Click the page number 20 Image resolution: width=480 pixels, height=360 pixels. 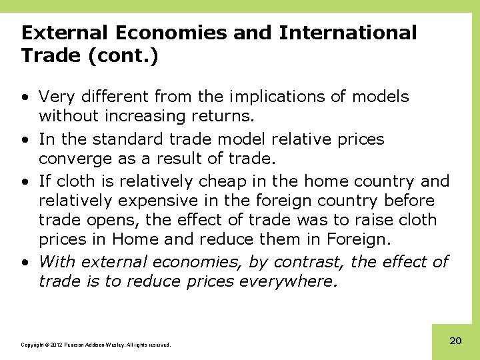455,341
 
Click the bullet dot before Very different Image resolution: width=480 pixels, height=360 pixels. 25,97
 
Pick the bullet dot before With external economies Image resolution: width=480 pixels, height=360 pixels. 25,263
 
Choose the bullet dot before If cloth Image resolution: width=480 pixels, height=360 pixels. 25,181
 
